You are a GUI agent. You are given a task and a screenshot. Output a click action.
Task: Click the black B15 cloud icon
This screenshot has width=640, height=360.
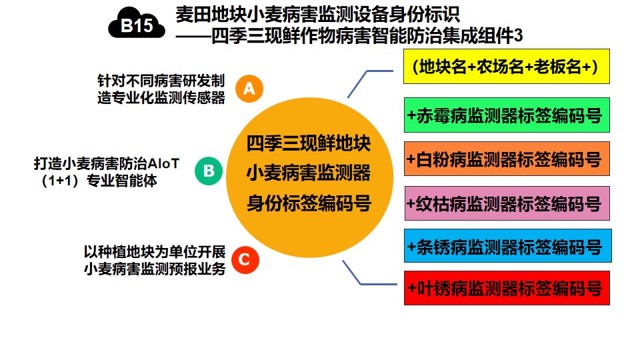(137, 24)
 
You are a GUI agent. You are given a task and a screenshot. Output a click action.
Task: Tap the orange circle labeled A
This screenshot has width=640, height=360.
(249, 89)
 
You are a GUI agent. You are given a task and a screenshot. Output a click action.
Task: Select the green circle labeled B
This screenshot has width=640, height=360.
(209, 171)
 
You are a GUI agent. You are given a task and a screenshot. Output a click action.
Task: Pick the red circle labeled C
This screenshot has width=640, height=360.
(245, 259)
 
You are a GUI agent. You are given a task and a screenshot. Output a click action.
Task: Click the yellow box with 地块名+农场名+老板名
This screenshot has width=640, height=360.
(507, 67)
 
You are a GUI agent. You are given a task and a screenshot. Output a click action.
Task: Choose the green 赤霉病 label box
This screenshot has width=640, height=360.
(507, 115)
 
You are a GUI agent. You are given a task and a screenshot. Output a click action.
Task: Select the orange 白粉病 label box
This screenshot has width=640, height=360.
(507, 159)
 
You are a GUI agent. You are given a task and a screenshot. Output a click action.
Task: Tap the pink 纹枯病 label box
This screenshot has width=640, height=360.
(507, 203)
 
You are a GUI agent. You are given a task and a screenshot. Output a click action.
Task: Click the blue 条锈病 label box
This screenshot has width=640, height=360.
(508, 246)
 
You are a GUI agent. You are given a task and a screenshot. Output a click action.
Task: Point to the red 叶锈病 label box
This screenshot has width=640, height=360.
(507, 288)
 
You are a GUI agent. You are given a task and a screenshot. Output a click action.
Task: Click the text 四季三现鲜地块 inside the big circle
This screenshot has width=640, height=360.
(309, 143)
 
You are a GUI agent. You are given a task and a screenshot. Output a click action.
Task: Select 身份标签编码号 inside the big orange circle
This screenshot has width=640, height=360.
(309, 203)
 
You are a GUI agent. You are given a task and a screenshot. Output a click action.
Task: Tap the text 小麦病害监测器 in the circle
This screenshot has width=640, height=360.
(309, 173)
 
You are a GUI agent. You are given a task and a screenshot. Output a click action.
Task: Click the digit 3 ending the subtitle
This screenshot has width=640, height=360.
(518, 36)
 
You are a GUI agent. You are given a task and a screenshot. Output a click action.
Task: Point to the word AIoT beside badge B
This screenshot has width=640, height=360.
(163, 164)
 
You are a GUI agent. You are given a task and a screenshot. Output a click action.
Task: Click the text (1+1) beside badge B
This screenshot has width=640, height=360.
(61, 181)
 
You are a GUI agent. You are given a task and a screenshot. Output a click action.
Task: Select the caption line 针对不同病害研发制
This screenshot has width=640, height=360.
(161, 81)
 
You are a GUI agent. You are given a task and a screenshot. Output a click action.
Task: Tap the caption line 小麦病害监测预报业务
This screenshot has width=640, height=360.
(155, 269)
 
